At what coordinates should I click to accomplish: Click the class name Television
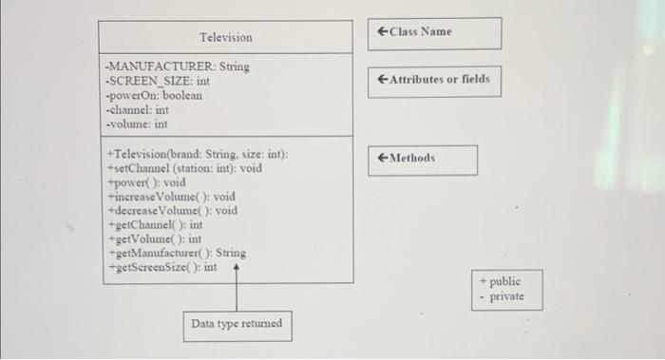[x=226, y=37]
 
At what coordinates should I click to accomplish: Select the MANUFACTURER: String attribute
[x=178, y=67]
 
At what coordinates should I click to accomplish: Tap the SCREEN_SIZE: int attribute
[x=158, y=82]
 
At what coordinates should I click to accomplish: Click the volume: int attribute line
[x=137, y=123]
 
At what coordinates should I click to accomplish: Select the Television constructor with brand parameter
[x=198, y=154]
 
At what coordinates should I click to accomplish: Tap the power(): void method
[x=146, y=182]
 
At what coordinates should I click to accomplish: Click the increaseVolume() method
[x=171, y=197]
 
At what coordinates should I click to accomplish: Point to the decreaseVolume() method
[x=173, y=211]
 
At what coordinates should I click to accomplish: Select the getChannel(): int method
[x=156, y=225]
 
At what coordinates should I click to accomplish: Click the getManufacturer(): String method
[x=177, y=254]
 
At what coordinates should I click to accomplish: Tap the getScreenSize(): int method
[x=161, y=268]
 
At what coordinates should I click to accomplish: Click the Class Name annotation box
[x=434, y=32]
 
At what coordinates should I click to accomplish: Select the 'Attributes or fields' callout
[x=434, y=80]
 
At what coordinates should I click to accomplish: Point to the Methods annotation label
[x=422, y=159]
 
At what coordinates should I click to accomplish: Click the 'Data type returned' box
[x=237, y=325]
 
